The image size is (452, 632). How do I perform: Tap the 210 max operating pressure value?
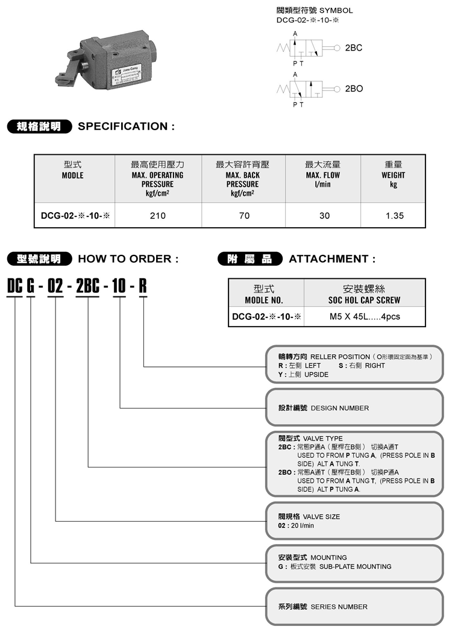[157, 216]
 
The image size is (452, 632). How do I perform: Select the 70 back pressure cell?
[244, 216]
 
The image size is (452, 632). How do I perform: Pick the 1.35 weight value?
[394, 216]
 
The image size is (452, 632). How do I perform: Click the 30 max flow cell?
[324, 216]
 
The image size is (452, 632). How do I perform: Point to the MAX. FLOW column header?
[322, 175]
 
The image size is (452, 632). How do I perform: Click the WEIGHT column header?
[394, 175]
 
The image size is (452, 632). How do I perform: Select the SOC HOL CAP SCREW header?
[364, 299]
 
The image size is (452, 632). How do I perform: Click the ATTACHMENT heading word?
[332, 259]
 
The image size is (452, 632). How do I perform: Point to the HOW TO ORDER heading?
[128, 259]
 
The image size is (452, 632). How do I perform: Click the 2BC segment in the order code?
[88, 285]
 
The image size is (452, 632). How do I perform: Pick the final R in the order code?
[143, 285]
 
